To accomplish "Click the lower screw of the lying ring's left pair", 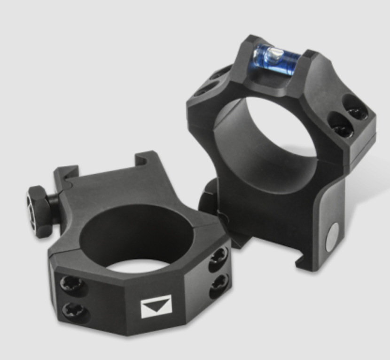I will pyautogui.click(x=74, y=311).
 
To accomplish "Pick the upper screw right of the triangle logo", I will pyautogui.click(x=218, y=257).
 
